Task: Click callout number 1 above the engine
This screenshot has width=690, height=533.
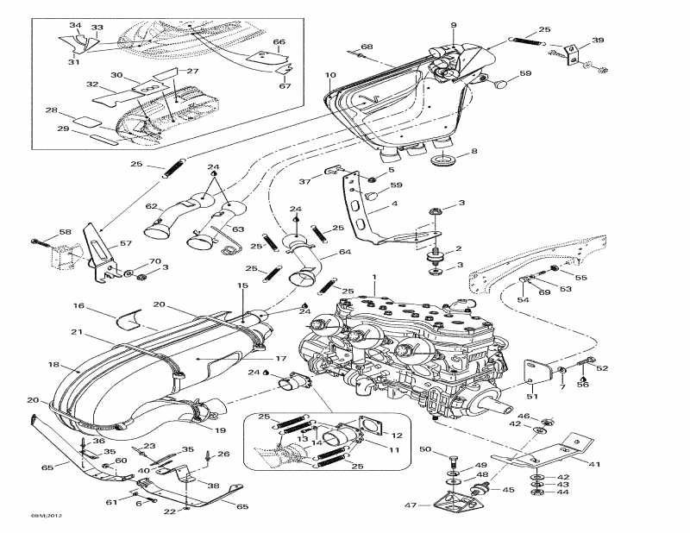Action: (374, 278)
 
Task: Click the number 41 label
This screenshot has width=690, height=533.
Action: (594, 465)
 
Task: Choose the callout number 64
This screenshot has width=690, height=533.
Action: (345, 252)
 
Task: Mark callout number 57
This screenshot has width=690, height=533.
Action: (126, 244)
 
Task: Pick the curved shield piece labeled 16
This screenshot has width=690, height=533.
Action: (130, 317)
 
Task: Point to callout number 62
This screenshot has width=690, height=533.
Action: (150, 206)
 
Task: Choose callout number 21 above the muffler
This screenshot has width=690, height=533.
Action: (76, 333)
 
